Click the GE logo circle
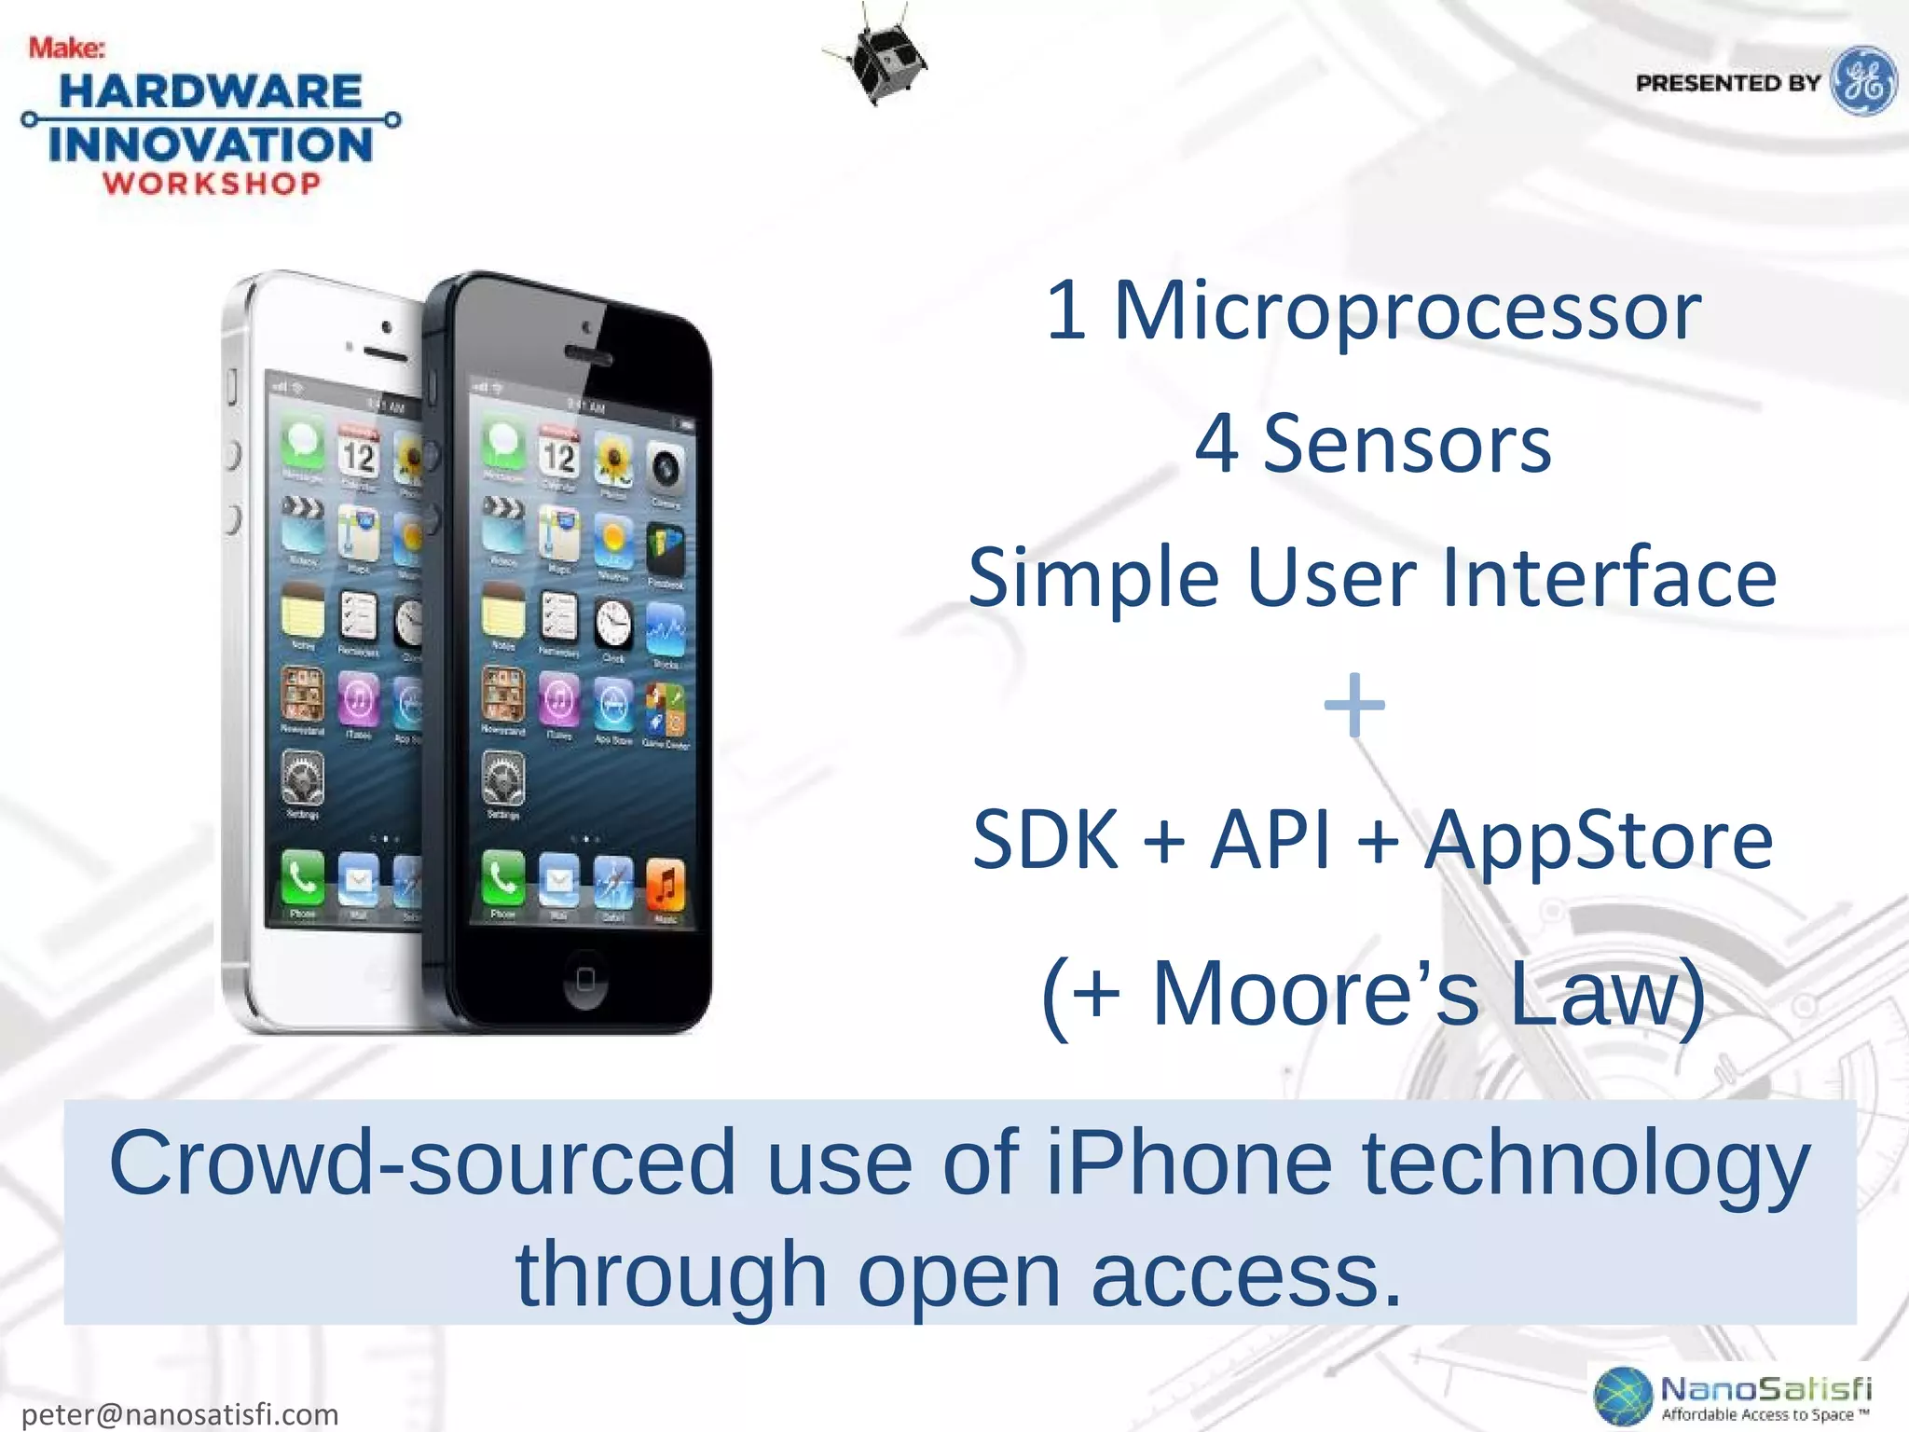click(1862, 81)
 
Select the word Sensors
click(1407, 445)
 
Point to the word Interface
click(1609, 577)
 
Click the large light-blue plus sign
click(1354, 705)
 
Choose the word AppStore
click(1598, 840)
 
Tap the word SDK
click(1045, 840)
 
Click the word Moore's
click(1315, 994)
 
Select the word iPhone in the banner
click(1189, 1163)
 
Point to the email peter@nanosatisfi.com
click(180, 1413)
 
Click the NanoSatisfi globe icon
click(1623, 1396)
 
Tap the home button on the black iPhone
click(584, 978)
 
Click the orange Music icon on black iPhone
click(665, 884)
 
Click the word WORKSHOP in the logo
click(212, 184)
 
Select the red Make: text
click(66, 48)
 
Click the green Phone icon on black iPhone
click(502, 877)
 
